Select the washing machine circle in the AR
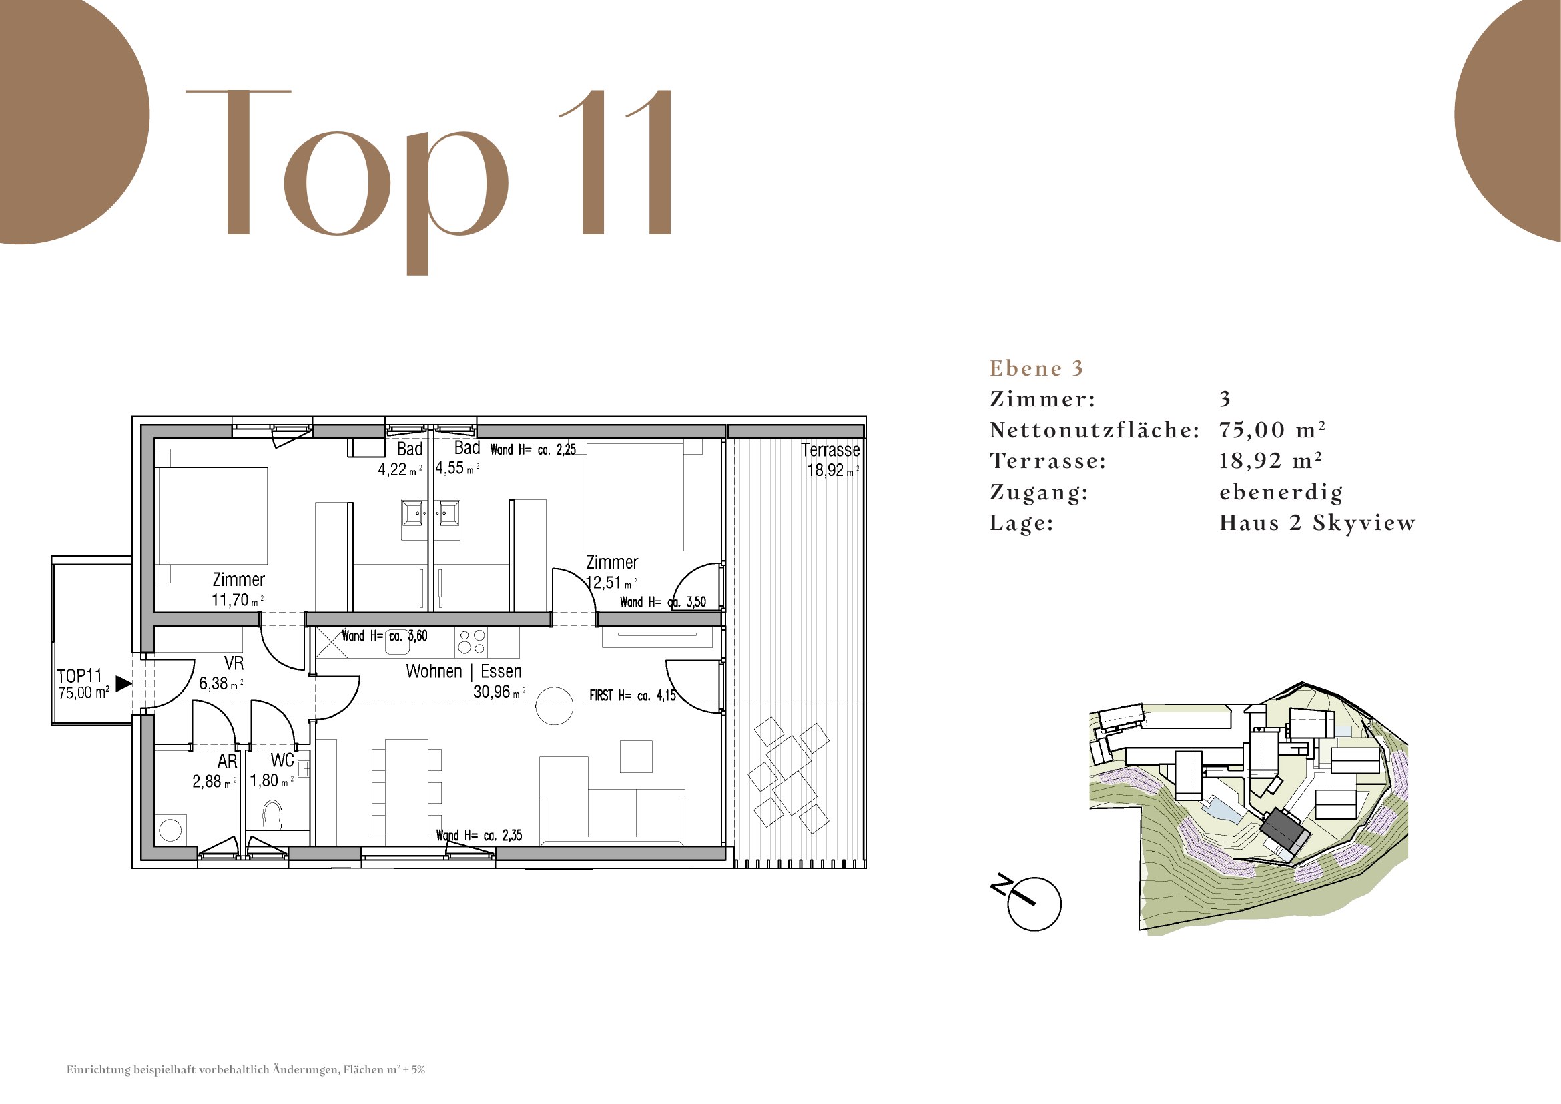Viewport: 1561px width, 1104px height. click(x=170, y=830)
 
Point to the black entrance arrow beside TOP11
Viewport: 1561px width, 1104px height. click(x=123, y=683)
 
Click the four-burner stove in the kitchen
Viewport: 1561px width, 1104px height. click(x=472, y=641)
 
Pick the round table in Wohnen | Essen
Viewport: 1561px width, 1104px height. click(x=554, y=706)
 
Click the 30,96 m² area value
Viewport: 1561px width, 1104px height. click(x=499, y=692)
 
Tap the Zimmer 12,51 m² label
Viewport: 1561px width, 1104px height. click(x=612, y=573)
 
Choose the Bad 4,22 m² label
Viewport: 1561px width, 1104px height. click(x=400, y=459)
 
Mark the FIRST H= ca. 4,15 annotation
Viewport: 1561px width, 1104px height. click(x=632, y=696)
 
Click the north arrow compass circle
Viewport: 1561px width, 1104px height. click(x=1034, y=904)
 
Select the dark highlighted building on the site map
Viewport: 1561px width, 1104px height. click(x=1284, y=836)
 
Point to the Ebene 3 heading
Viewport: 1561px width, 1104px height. click(x=1036, y=368)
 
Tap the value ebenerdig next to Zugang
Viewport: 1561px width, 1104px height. click(x=1281, y=492)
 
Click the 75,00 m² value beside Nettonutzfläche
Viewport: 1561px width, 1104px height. click(x=1272, y=430)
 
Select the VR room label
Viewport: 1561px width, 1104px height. click(x=234, y=663)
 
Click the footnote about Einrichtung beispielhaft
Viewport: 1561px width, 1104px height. click(x=246, y=1069)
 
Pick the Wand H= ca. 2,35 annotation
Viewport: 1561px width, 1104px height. click(x=479, y=836)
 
